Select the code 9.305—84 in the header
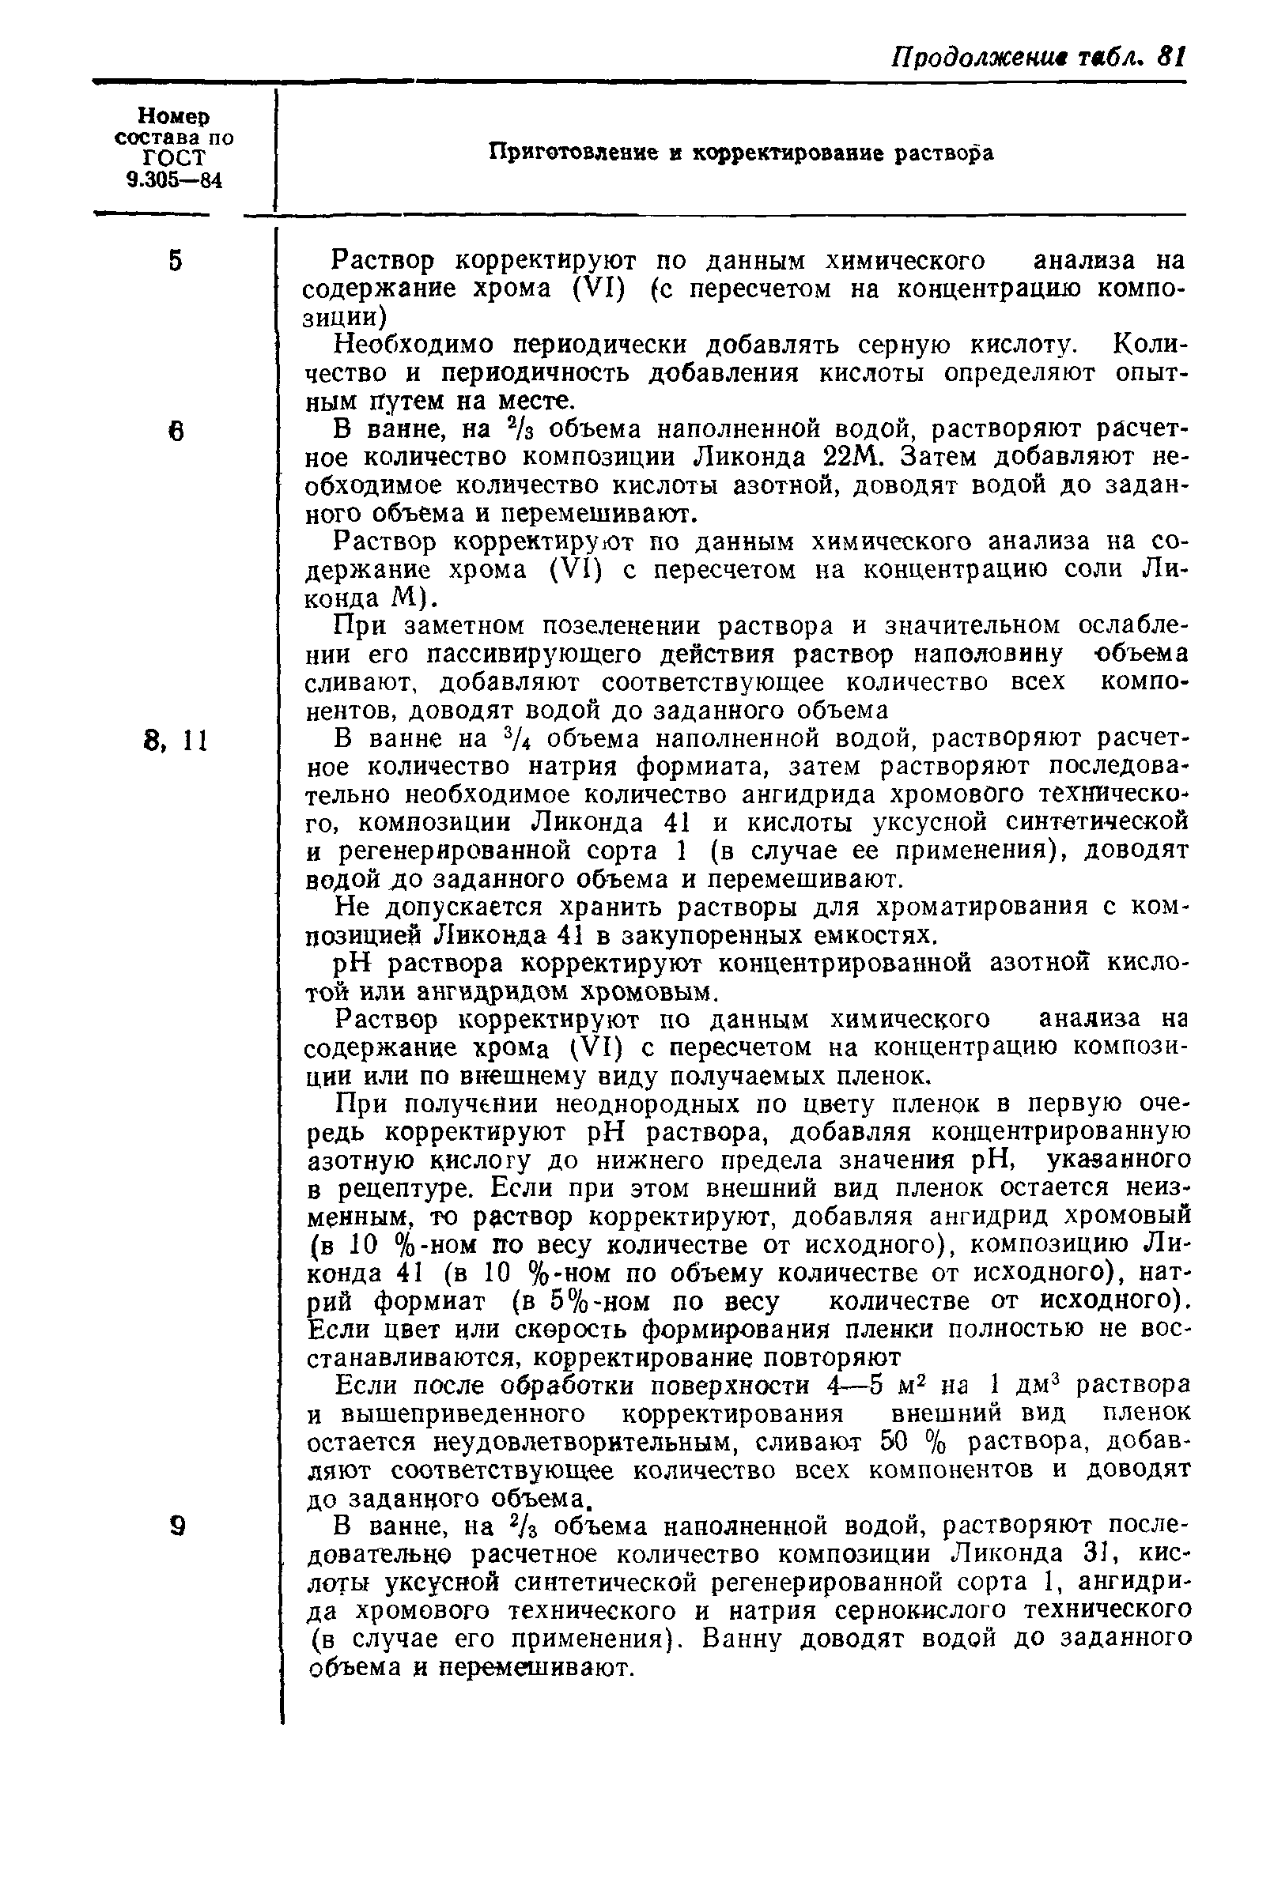(173, 180)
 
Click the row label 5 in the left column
(176, 261)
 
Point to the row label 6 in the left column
(176, 432)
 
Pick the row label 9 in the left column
(177, 1526)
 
